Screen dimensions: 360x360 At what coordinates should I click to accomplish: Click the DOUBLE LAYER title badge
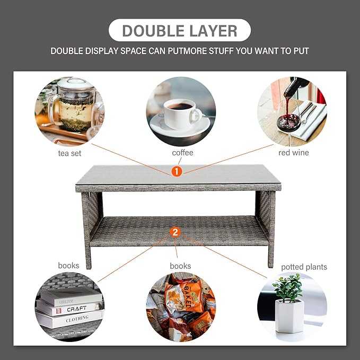tap(180, 30)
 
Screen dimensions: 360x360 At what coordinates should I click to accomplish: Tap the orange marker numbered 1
tap(177, 171)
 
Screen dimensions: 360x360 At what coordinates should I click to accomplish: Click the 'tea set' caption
tap(69, 153)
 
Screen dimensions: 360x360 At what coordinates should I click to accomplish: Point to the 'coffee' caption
tap(182, 153)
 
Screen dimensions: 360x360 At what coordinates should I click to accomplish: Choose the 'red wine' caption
tap(293, 153)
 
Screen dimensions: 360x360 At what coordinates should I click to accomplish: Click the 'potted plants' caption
tap(304, 267)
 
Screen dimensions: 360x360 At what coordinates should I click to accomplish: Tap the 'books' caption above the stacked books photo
tap(68, 265)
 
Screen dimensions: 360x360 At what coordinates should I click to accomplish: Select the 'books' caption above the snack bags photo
tap(180, 266)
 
